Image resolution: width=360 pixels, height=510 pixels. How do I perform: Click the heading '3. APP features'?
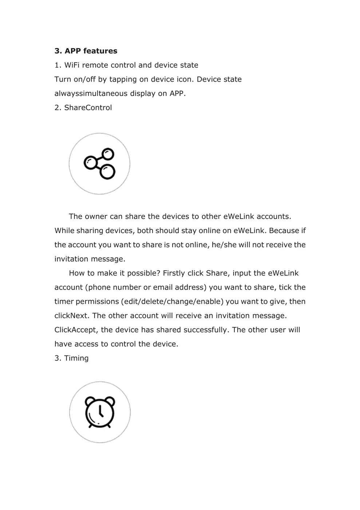pos(86,51)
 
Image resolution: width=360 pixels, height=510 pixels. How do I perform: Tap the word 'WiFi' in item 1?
pos(72,65)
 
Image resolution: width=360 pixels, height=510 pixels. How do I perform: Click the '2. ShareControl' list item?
pos(83,108)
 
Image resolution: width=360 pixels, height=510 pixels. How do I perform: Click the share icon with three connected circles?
pos(99,164)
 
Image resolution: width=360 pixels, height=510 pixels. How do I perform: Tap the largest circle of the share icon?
pos(107,172)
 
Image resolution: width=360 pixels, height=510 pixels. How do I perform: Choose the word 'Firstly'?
pos(174,273)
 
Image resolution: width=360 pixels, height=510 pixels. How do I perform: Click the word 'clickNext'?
pos(71,316)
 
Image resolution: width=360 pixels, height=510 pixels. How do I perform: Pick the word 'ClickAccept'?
pos(76,330)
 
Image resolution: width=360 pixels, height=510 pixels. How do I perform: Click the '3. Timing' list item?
pos(71,358)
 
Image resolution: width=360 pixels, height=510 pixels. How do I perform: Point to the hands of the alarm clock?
pos(100,412)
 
